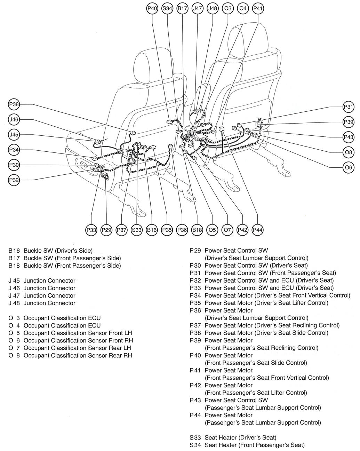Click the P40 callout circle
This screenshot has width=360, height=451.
pos(152,9)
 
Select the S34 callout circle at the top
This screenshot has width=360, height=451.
pos(167,9)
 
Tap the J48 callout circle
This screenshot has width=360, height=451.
pos(212,9)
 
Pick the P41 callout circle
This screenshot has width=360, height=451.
pos(257,9)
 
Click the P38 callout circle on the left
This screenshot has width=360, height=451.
pos(14,104)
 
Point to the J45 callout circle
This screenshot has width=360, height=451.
pos(14,134)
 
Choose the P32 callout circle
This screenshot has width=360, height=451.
pos(14,180)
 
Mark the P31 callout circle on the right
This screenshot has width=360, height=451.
pos(348,107)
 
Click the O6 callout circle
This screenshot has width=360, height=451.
pos(348,167)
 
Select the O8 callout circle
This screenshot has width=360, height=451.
pos(348,152)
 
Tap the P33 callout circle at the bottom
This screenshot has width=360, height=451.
pos(91,230)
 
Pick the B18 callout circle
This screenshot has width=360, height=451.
pos(197,230)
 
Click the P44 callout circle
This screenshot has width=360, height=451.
pos(257,230)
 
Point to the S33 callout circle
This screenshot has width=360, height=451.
pos(137,230)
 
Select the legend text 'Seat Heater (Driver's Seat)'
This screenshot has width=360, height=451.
pos(240,437)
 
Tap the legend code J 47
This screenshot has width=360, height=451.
pos(15,296)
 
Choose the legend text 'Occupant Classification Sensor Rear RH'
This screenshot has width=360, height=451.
pos(78,355)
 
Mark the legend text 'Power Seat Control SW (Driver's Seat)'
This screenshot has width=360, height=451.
pos(256,266)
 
